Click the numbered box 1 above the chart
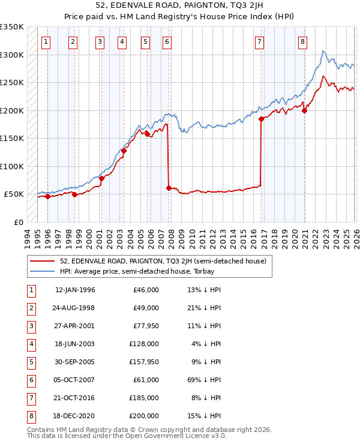46,42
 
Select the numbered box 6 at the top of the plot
166,42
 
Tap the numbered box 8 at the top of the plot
303,42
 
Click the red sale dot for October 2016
261,119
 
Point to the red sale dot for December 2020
305,110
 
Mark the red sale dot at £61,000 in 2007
169,188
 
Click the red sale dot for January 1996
47,196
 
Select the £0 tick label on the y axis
17,222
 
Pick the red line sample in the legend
42,261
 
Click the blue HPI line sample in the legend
42,272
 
